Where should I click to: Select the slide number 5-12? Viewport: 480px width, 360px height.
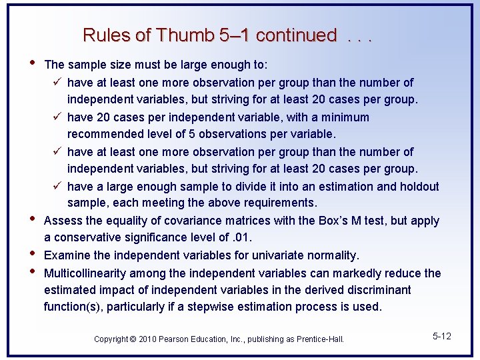click(x=442, y=336)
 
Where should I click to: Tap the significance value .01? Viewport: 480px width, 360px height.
click(x=241, y=237)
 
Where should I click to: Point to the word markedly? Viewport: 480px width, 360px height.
click(x=376, y=273)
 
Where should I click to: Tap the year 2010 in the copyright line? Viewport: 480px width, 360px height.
click(x=148, y=339)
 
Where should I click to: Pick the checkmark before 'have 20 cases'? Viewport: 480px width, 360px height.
click(x=57, y=117)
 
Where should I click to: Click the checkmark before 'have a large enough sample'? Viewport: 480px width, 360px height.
click(x=57, y=187)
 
